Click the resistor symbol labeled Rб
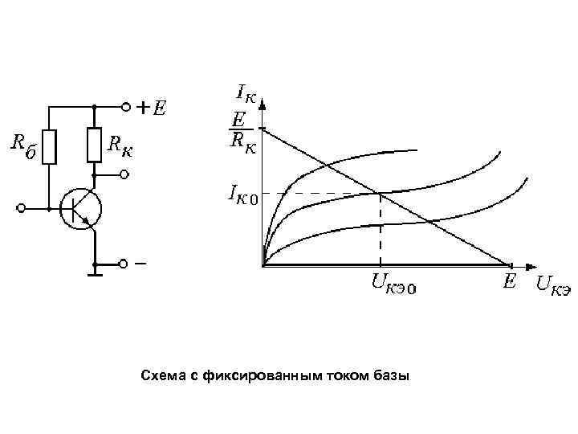(51, 145)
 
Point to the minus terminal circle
(124, 264)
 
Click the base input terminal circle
(22, 208)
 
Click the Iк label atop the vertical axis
(246, 94)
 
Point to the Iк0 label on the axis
(242, 194)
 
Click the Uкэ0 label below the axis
(393, 284)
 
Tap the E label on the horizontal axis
(508, 280)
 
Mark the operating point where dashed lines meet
(380, 193)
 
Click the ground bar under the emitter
(95, 275)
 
